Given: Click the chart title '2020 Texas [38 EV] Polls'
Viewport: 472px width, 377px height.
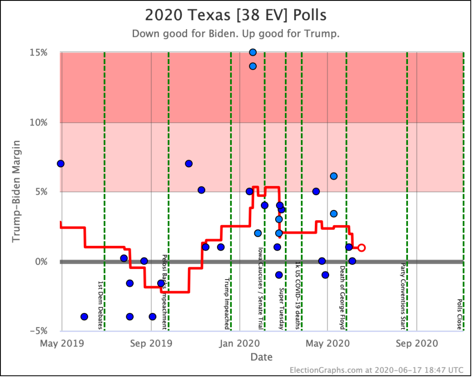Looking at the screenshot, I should pyautogui.click(x=236, y=15).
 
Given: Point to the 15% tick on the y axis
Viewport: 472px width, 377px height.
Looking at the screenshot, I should pyautogui.click(x=39, y=53).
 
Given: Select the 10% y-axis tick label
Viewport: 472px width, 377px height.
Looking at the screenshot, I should pyautogui.click(x=39, y=122).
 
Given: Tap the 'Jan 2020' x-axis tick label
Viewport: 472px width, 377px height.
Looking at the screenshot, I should pyautogui.click(x=239, y=343).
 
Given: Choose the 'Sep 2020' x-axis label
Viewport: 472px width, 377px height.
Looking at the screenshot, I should pyautogui.click(x=416, y=343).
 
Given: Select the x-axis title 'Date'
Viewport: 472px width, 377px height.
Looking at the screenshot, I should pyautogui.click(x=261, y=357).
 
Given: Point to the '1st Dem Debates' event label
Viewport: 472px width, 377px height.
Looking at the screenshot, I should pyautogui.click(x=100, y=305).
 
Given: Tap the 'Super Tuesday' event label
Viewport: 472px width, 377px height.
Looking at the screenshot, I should pyautogui.click(x=281, y=309).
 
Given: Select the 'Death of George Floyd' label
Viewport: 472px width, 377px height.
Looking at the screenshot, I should pyautogui.click(x=342, y=297).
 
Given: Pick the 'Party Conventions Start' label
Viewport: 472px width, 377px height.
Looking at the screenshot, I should pyautogui.click(x=403, y=296).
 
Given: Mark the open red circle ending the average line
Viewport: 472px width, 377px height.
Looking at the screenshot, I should pyautogui.click(x=361, y=248).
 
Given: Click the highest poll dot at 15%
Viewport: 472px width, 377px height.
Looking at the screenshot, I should pyautogui.click(x=253, y=52).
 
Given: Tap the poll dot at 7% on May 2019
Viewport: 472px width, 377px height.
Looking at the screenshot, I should pyautogui.click(x=60, y=164).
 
